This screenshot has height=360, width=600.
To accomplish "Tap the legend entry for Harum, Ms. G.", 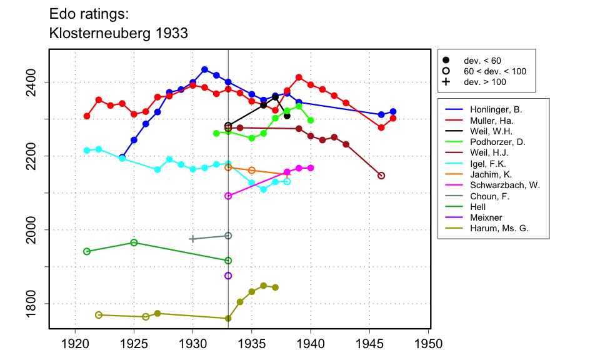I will point(493,228).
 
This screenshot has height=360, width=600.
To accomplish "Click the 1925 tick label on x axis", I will point(134,343).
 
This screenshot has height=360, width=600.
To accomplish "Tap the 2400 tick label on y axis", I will point(36,82).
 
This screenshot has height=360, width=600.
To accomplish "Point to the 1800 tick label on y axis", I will point(36,304).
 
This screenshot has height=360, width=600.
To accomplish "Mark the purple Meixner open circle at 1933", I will point(228,276).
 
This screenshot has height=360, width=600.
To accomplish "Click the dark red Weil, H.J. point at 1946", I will point(381,176).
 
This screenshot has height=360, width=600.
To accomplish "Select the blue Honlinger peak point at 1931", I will point(204,69).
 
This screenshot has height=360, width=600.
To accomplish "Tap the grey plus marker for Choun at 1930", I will point(192,239).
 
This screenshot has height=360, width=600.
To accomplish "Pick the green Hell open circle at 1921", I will point(87,251).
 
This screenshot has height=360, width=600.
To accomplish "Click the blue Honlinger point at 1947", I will point(393,111).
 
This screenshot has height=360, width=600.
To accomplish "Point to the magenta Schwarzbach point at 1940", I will point(311,168).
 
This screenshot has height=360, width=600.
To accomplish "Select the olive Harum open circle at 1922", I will point(99,314).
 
